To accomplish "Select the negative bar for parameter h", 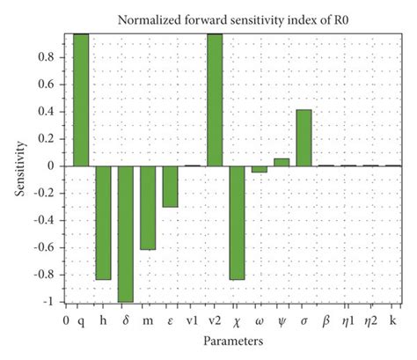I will click(x=103, y=222).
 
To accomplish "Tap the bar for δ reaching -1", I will click(x=125, y=233).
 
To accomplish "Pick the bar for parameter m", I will click(x=148, y=207).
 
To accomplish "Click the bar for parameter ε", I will click(x=170, y=186).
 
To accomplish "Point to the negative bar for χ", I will click(x=237, y=222).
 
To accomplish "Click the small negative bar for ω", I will click(x=259, y=169).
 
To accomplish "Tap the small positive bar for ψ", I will click(x=282, y=162).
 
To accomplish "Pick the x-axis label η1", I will click(x=349, y=318).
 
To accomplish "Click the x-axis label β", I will click(x=326, y=318).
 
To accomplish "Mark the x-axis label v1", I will click(x=192, y=318).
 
